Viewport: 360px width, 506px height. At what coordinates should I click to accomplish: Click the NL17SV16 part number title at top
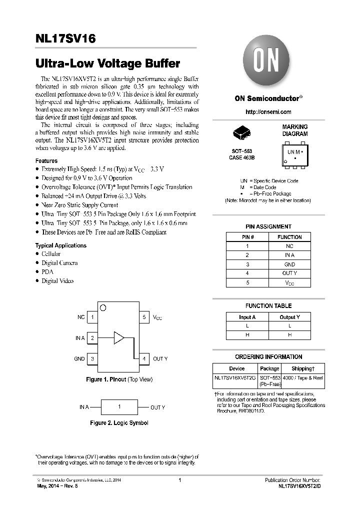(66, 39)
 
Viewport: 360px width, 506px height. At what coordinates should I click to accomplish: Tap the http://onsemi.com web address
(268, 112)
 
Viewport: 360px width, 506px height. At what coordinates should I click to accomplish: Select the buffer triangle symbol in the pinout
(119, 337)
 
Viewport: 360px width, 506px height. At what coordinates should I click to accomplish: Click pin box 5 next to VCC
(143, 317)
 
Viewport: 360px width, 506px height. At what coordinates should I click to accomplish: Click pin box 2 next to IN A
(92, 338)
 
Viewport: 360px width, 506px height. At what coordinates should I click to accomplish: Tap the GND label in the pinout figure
(79, 359)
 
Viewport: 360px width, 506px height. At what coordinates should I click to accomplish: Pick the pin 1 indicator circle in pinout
(103, 307)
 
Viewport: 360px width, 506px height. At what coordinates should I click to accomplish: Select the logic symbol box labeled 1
(119, 407)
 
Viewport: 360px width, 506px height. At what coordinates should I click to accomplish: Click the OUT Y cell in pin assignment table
(289, 273)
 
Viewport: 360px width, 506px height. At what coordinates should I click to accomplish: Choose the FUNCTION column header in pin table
(289, 237)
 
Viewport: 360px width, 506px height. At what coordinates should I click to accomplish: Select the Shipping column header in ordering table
(302, 368)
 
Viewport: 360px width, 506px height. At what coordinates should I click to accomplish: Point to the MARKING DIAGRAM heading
(295, 130)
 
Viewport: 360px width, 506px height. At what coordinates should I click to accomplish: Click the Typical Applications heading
(60, 245)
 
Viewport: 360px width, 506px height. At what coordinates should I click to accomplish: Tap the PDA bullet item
(47, 272)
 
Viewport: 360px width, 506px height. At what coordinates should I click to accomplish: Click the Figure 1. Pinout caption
(119, 380)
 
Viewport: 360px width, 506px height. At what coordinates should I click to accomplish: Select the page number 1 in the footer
(179, 480)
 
